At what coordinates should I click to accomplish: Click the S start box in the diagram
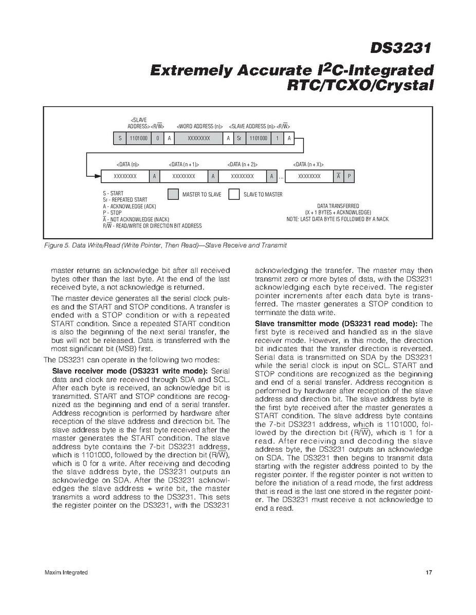[120, 138]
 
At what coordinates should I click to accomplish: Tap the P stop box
[350, 176]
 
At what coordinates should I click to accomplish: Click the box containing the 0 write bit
[158, 138]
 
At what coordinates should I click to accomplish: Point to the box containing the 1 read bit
[278, 138]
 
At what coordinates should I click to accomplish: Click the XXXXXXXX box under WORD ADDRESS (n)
[198, 138]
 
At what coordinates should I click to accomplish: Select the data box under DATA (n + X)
[309, 176]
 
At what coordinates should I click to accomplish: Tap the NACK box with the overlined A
[338, 176]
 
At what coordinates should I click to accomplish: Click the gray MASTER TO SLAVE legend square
[173, 195]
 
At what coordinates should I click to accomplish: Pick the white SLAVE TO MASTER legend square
[234, 195]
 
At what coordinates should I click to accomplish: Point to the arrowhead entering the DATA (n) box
[97, 176]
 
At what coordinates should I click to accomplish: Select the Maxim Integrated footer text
[66, 572]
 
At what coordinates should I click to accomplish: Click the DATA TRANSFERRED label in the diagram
[338, 206]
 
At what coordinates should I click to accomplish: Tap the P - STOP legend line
[112, 213]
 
